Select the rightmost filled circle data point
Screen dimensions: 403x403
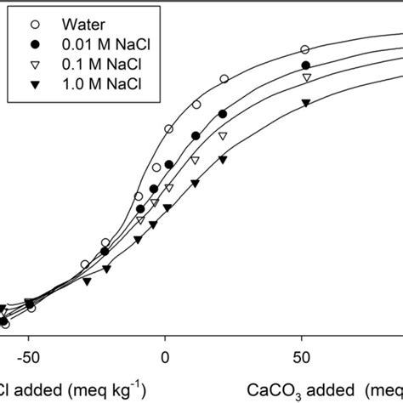(306, 65)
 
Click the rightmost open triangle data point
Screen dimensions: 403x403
(307, 78)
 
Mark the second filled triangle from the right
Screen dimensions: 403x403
(223, 159)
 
